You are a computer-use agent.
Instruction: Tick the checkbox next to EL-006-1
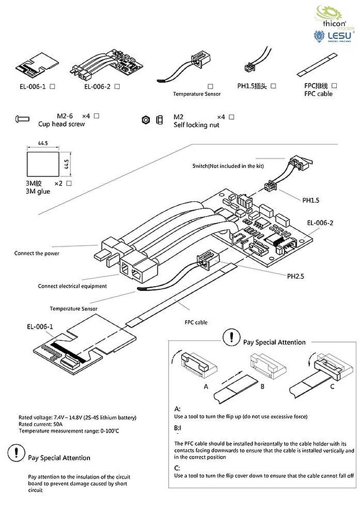pos(52,87)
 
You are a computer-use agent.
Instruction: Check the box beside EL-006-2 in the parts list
pos(117,87)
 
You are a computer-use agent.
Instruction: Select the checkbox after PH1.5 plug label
pos(273,86)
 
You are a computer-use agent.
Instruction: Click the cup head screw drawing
pos(22,118)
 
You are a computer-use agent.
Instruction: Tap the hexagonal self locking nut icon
pos(146,120)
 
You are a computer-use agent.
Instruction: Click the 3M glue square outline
pos(42,164)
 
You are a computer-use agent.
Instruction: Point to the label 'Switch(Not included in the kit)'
pos(228,166)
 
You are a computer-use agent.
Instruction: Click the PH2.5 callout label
pos(295,276)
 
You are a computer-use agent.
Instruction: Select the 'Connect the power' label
pos(37,253)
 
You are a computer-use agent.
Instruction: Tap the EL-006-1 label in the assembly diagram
pos(40,327)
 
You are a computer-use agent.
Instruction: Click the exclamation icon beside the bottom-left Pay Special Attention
pos(16,453)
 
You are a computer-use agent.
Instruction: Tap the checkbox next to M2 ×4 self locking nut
pos(232,117)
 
